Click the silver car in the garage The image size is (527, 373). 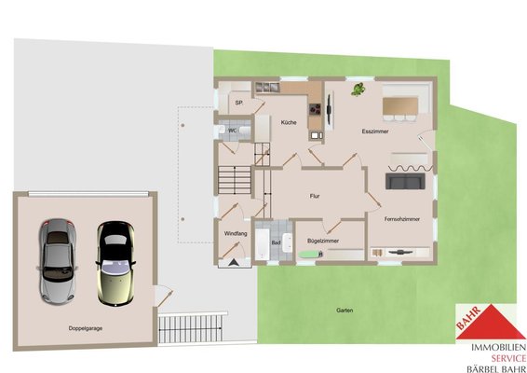pos(57,261)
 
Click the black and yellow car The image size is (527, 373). pos(115,263)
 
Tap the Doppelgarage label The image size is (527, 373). pos(86,328)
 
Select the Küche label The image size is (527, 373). pos(289,122)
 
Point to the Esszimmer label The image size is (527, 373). pos(375,131)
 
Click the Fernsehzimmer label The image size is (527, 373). pos(402,219)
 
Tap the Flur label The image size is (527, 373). pos(315,196)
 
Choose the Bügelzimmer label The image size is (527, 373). pos(323,241)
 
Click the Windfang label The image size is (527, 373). pos(236,234)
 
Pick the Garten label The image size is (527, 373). pos(345,311)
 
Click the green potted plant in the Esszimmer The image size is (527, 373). pos(358,90)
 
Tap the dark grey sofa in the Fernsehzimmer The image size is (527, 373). pos(405,181)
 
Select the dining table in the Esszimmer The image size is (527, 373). pos(400,106)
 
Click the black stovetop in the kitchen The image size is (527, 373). pos(315,109)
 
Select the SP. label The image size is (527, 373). pos(239,103)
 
